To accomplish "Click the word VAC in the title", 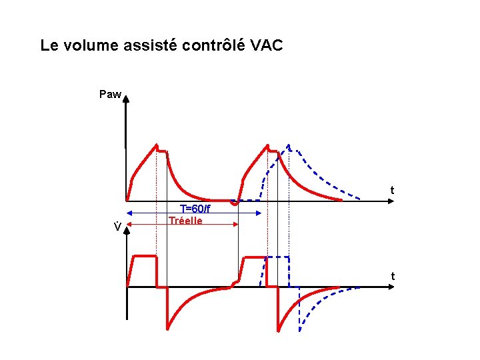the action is (x=267, y=46).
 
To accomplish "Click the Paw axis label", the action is (x=110, y=95).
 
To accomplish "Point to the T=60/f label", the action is (x=194, y=209).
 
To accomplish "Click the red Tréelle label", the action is (x=185, y=221).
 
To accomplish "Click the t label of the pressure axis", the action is (x=392, y=191).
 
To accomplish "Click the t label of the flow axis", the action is (x=392, y=276).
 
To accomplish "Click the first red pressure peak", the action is (x=157, y=145).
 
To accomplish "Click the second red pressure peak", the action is (x=268, y=145).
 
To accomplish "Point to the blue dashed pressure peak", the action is (x=289, y=145).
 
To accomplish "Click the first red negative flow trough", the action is (x=167, y=327).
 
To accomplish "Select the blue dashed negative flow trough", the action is (x=300, y=329).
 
